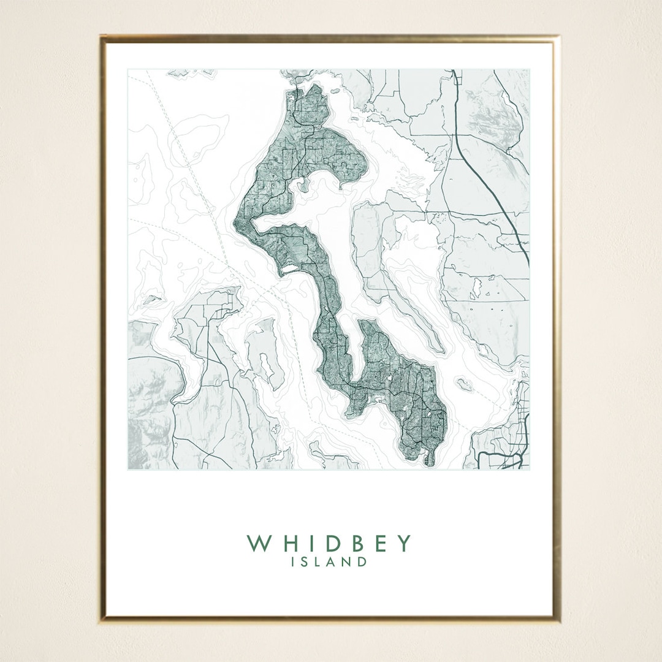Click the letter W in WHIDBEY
point(257,543)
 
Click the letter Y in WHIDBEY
point(403,543)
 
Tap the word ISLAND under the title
point(330,561)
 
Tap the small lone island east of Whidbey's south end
point(464,385)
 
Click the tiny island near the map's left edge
point(152,300)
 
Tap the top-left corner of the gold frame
point(102,37)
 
